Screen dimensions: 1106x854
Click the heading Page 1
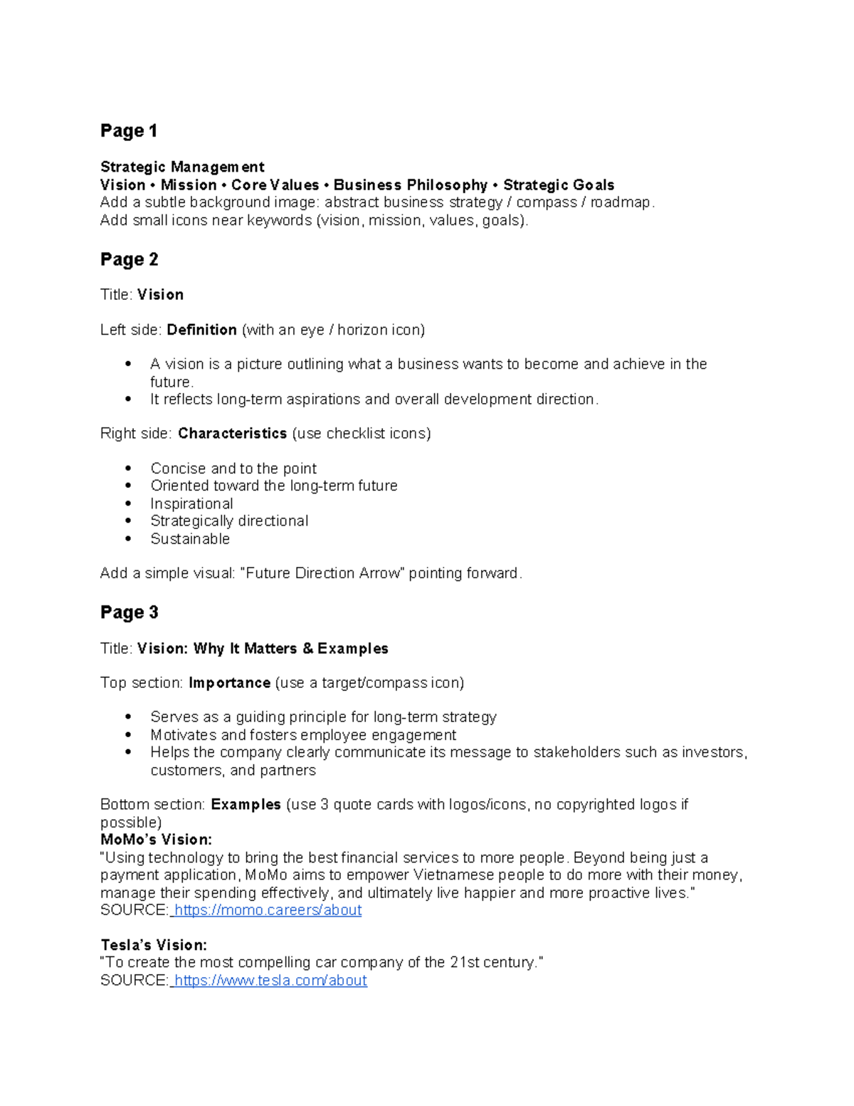point(129,131)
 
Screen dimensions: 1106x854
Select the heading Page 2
point(130,260)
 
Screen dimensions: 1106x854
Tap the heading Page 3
point(130,612)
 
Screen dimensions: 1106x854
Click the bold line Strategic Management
point(182,167)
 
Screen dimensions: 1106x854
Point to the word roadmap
point(621,202)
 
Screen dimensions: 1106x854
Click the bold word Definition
point(201,330)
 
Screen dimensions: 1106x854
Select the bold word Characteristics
point(232,434)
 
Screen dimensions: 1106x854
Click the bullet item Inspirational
point(191,504)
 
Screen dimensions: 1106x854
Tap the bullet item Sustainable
point(190,539)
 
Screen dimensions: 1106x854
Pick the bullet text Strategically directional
point(229,521)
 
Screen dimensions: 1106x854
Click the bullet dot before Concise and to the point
point(128,469)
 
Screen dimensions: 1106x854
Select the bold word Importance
point(229,683)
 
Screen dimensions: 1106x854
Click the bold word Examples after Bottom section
point(246,805)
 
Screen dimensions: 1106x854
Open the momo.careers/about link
point(268,910)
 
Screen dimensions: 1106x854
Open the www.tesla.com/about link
point(270,981)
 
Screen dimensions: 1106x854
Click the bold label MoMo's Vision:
point(157,840)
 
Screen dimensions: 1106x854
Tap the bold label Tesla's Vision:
point(154,945)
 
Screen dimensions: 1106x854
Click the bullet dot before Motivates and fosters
point(128,735)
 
